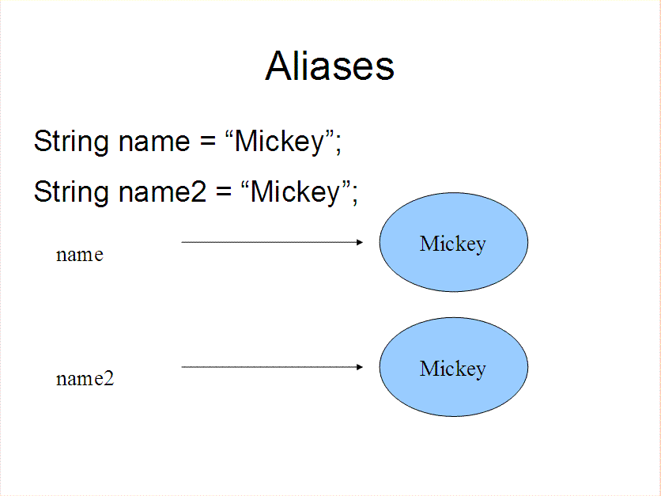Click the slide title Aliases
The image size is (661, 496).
tap(330, 66)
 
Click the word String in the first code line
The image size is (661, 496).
tap(71, 142)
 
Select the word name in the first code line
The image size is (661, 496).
tap(154, 142)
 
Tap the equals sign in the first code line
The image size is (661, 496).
tap(208, 141)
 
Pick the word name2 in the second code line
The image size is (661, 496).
tap(163, 192)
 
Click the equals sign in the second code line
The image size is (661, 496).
tap(224, 191)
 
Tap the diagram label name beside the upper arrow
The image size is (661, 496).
tap(80, 255)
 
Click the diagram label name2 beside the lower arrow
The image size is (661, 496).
tap(85, 378)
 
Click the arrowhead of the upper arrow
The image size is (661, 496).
tap(360, 242)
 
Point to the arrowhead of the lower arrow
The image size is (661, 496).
tap(360, 367)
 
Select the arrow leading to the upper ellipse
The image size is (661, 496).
tap(272, 242)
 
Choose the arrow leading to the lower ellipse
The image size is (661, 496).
tap(272, 367)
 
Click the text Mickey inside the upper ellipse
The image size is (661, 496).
tap(453, 244)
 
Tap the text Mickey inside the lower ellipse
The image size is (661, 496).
tap(453, 369)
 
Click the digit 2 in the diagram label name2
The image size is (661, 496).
tap(109, 378)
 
